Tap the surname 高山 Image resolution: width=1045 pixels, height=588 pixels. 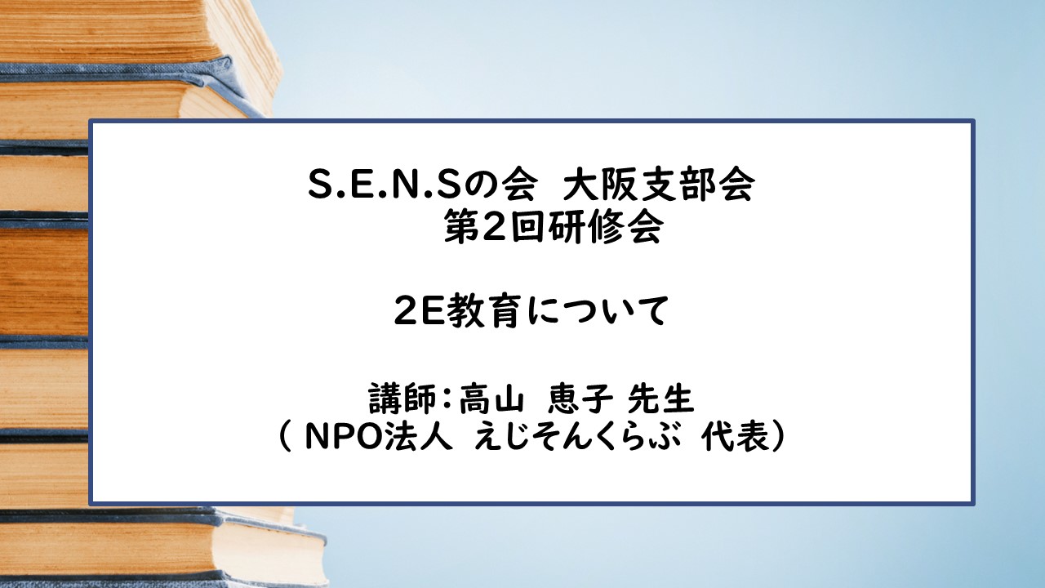(x=488, y=400)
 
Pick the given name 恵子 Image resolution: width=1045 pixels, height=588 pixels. (x=581, y=400)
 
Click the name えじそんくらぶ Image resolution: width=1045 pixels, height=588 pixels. (x=579, y=439)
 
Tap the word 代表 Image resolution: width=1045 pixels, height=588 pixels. (x=734, y=439)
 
